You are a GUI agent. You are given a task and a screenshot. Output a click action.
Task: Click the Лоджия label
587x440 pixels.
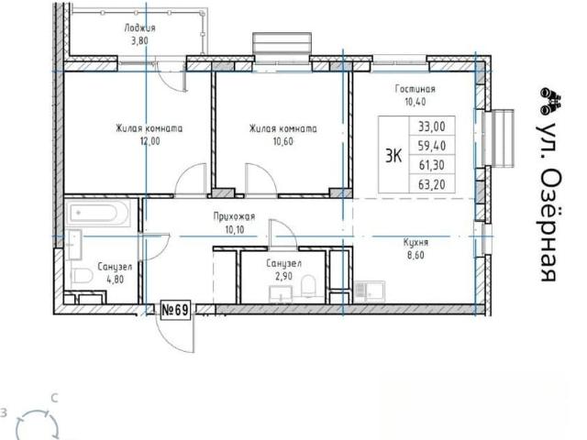point(139,28)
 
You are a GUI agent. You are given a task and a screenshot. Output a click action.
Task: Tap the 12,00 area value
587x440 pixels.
point(150,141)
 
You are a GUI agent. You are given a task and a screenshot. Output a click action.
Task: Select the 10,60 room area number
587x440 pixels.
point(283,142)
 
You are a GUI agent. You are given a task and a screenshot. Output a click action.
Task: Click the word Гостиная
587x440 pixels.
point(415,89)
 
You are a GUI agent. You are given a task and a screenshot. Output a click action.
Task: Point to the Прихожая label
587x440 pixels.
point(235,216)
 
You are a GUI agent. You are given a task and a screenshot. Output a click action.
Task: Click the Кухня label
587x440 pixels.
point(415,242)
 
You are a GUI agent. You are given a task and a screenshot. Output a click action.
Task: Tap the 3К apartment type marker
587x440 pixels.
point(393,156)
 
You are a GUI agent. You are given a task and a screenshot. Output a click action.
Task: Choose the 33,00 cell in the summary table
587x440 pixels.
point(432,126)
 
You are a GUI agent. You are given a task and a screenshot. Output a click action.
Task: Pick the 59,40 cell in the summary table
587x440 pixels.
point(432,146)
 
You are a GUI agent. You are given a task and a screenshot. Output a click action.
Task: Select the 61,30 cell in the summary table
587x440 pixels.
point(432,165)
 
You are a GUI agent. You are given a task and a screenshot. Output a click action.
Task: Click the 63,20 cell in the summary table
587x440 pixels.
point(432,184)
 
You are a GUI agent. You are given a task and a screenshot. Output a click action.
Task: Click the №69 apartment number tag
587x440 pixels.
point(175,310)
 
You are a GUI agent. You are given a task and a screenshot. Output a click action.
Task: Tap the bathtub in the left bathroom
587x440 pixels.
point(98,213)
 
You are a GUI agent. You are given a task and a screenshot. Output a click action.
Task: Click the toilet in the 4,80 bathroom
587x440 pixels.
point(82,276)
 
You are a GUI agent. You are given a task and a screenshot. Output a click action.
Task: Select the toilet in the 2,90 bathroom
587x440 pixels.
point(309,285)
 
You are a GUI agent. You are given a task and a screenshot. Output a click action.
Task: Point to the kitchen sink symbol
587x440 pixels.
point(369,291)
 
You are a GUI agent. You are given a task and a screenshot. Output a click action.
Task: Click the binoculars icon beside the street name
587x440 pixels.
point(550,101)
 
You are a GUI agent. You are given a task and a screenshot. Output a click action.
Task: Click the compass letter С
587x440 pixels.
point(55,399)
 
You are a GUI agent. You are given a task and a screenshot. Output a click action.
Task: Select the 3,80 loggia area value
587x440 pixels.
point(139,40)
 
